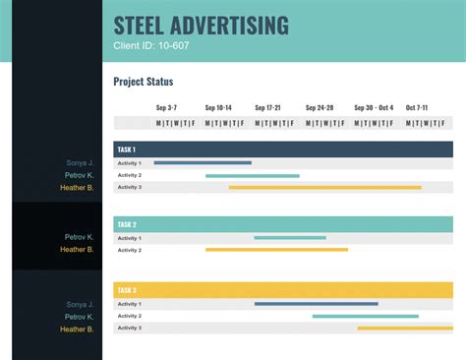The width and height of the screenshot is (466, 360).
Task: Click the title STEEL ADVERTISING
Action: coord(202,26)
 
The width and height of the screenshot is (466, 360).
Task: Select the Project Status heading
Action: coord(144,82)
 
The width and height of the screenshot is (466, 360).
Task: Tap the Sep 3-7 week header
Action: coord(166,107)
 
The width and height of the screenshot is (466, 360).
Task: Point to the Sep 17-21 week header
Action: coord(267,107)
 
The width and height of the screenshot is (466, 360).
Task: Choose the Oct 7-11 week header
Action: coord(417,107)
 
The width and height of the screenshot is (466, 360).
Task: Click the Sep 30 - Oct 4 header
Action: coord(374,107)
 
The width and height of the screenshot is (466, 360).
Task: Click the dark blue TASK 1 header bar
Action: coord(283,150)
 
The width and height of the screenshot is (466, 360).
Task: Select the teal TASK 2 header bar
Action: coord(283,224)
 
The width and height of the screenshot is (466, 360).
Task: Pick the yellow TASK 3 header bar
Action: coord(283,290)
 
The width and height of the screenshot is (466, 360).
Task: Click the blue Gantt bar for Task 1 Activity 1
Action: coord(203,163)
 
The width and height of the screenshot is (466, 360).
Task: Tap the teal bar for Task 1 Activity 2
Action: coord(253,175)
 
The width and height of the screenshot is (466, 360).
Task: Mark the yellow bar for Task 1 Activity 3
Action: coord(325,187)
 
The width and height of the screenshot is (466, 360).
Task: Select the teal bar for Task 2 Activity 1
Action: coord(290,238)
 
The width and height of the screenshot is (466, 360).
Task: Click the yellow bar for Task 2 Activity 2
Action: coord(276,250)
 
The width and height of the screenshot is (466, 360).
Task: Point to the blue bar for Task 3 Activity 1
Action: coord(316,304)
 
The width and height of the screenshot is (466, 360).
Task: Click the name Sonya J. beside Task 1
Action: coord(81,163)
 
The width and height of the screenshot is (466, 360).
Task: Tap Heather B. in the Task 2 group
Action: coord(77,250)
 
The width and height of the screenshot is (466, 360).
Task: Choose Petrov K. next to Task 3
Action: coord(80,317)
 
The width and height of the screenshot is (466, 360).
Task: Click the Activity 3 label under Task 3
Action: coord(130,328)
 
